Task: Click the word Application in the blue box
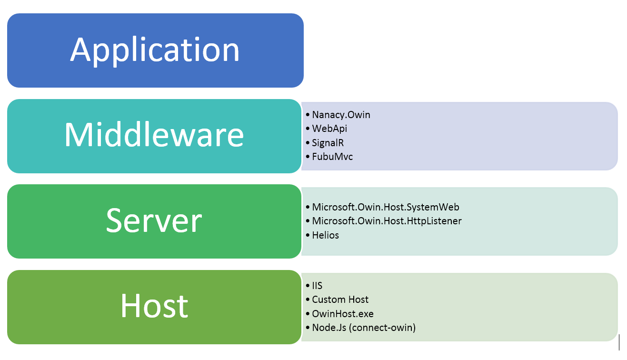click(155, 50)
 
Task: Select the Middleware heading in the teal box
click(154, 135)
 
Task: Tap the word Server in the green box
click(154, 220)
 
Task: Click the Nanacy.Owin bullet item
click(341, 115)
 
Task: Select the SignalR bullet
click(328, 142)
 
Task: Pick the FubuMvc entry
click(332, 157)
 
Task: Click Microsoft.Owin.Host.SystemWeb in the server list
click(386, 207)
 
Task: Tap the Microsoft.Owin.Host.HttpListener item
click(387, 221)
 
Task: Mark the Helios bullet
click(325, 235)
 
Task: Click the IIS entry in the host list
click(317, 286)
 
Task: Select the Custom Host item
click(340, 300)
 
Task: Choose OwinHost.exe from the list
click(343, 314)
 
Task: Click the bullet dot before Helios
click(308, 235)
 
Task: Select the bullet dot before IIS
click(308, 286)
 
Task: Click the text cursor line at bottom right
click(619, 342)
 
